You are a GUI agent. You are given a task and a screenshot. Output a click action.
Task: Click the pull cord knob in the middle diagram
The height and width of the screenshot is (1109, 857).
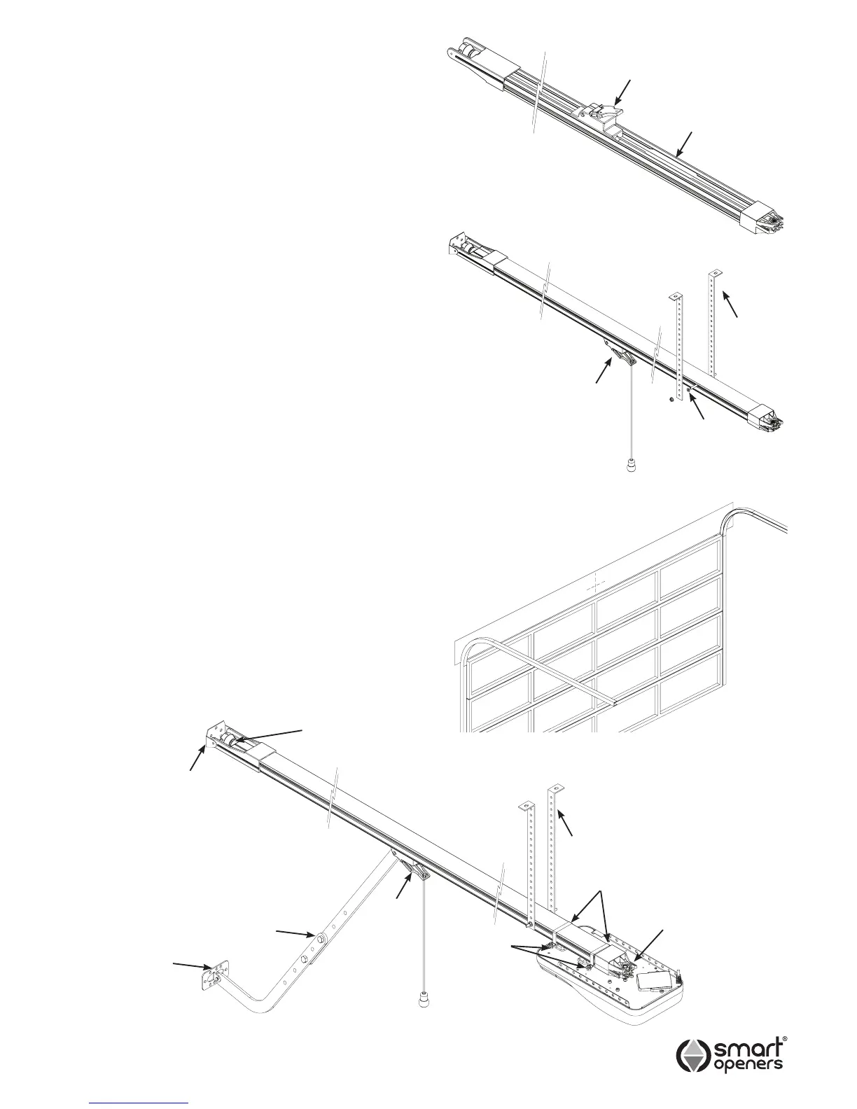coord(631,464)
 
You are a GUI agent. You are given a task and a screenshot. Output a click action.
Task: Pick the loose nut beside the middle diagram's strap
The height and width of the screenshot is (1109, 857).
coord(671,400)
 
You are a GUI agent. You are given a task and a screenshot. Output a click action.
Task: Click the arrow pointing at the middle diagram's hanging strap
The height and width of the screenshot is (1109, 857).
coord(730,306)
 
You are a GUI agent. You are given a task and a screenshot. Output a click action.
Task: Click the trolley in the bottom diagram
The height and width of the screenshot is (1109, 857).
coord(417,872)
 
